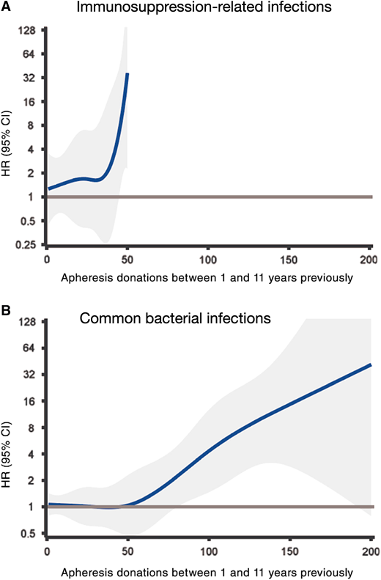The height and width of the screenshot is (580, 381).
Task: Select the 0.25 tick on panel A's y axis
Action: click(27, 244)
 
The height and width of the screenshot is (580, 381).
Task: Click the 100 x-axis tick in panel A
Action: click(208, 260)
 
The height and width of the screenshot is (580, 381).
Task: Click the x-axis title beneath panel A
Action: click(208, 278)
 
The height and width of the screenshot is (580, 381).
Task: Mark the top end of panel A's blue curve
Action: click(127, 73)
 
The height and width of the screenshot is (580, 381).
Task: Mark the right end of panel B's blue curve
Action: click(371, 364)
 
